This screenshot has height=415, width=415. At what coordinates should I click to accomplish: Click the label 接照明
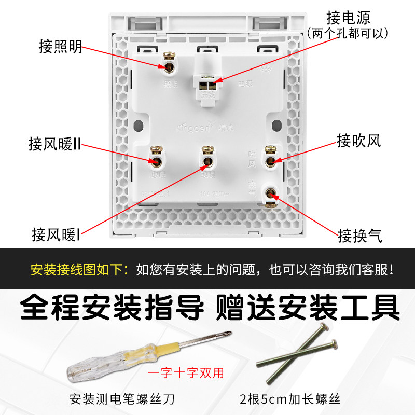click(61, 47)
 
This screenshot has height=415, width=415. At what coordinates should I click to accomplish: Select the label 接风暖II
click(55, 144)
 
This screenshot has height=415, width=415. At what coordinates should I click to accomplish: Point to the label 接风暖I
click(56, 234)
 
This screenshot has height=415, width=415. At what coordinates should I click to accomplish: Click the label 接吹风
click(359, 141)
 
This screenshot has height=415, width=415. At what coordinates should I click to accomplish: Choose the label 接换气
click(360, 236)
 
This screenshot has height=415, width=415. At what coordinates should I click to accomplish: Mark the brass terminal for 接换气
click(270, 196)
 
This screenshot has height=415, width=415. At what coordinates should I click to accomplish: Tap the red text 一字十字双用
click(186, 372)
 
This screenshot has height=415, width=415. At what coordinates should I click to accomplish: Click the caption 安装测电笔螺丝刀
click(122, 399)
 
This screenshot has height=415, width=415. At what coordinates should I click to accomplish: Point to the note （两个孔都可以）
click(348, 34)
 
